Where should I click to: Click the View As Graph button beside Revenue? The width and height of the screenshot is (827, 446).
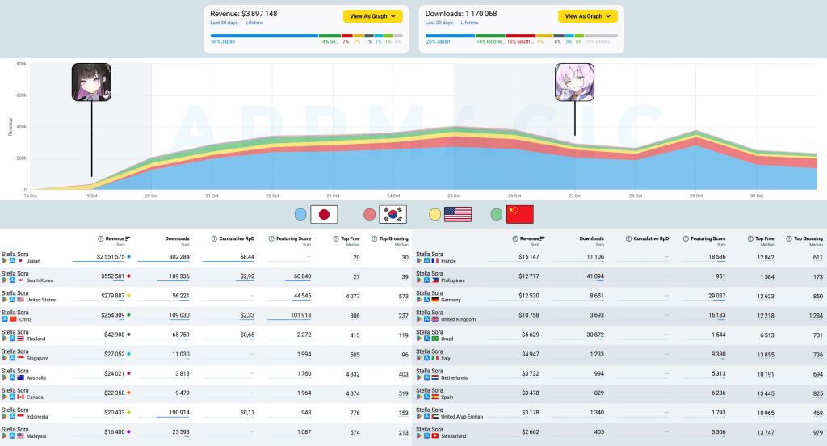372,15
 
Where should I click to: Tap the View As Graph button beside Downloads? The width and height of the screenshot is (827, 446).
587,15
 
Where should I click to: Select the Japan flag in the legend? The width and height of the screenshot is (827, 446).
324,214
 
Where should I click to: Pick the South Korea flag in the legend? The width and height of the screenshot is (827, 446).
393,214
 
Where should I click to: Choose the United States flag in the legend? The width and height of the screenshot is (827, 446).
457,214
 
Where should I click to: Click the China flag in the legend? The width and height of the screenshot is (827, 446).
519,214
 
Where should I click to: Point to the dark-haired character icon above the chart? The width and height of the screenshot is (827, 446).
91,82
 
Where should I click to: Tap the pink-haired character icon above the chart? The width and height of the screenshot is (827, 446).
574,82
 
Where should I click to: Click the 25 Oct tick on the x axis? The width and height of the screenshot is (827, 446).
453,196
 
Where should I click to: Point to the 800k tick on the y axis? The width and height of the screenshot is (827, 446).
21,64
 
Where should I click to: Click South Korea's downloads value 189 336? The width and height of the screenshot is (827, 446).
172,276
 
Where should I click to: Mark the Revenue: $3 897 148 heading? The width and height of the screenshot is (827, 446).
243,14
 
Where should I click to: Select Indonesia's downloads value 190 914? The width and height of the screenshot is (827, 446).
172,413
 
